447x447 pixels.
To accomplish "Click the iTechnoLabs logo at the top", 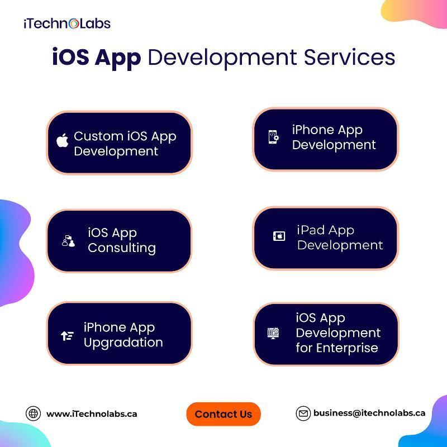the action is pyautogui.click(x=67, y=23).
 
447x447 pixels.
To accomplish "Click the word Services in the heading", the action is pyautogui.click(x=349, y=58).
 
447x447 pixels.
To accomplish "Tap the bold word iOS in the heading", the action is pyautogui.click(x=70, y=58).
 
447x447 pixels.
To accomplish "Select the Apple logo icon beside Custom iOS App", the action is pyautogui.click(x=63, y=140).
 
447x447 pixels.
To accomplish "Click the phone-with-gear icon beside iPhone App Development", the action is pyautogui.click(x=274, y=137).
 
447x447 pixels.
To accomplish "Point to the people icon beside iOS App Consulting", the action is pyautogui.click(x=68, y=241).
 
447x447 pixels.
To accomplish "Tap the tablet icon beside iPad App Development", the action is pyautogui.click(x=279, y=236).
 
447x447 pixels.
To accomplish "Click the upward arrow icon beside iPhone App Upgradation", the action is pyautogui.click(x=67, y=336).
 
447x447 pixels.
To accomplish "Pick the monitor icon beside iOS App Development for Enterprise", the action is pyautogui.click(x=273, y=333).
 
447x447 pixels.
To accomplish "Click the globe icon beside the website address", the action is pyautogui.click(x=34, y=413).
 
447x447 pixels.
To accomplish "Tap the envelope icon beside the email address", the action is pyautogui.click(x=303, y=413).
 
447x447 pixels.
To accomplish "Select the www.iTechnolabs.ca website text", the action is pyautogui.click(x=92, y=414).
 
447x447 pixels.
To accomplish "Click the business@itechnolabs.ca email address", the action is pyautogui.click(x=369, y=413).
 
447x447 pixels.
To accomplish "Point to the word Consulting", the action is pyautogui.click(x=122, y=248).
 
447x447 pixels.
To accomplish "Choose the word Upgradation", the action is pyautogui.click(x=123, y=343).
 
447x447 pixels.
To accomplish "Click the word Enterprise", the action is pyautogui.click(x=347, y=348).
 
